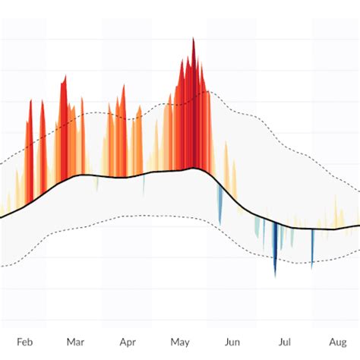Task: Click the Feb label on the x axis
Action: [x=24, y=343]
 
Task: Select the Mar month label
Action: [x=75, y=343]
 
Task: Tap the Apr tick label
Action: [x=128, y=343]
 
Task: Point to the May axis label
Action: [x=180, y=343]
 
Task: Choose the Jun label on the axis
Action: [x=233, y=343]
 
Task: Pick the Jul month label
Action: [x=285, y=343]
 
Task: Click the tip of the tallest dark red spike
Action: [x=193, y=39]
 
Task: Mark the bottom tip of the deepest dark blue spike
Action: [x=276, y=276]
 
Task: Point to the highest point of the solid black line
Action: [x=194, y=169]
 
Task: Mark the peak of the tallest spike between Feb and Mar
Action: [x=65, y=76]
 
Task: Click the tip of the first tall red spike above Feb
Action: [x=30, y=101]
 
